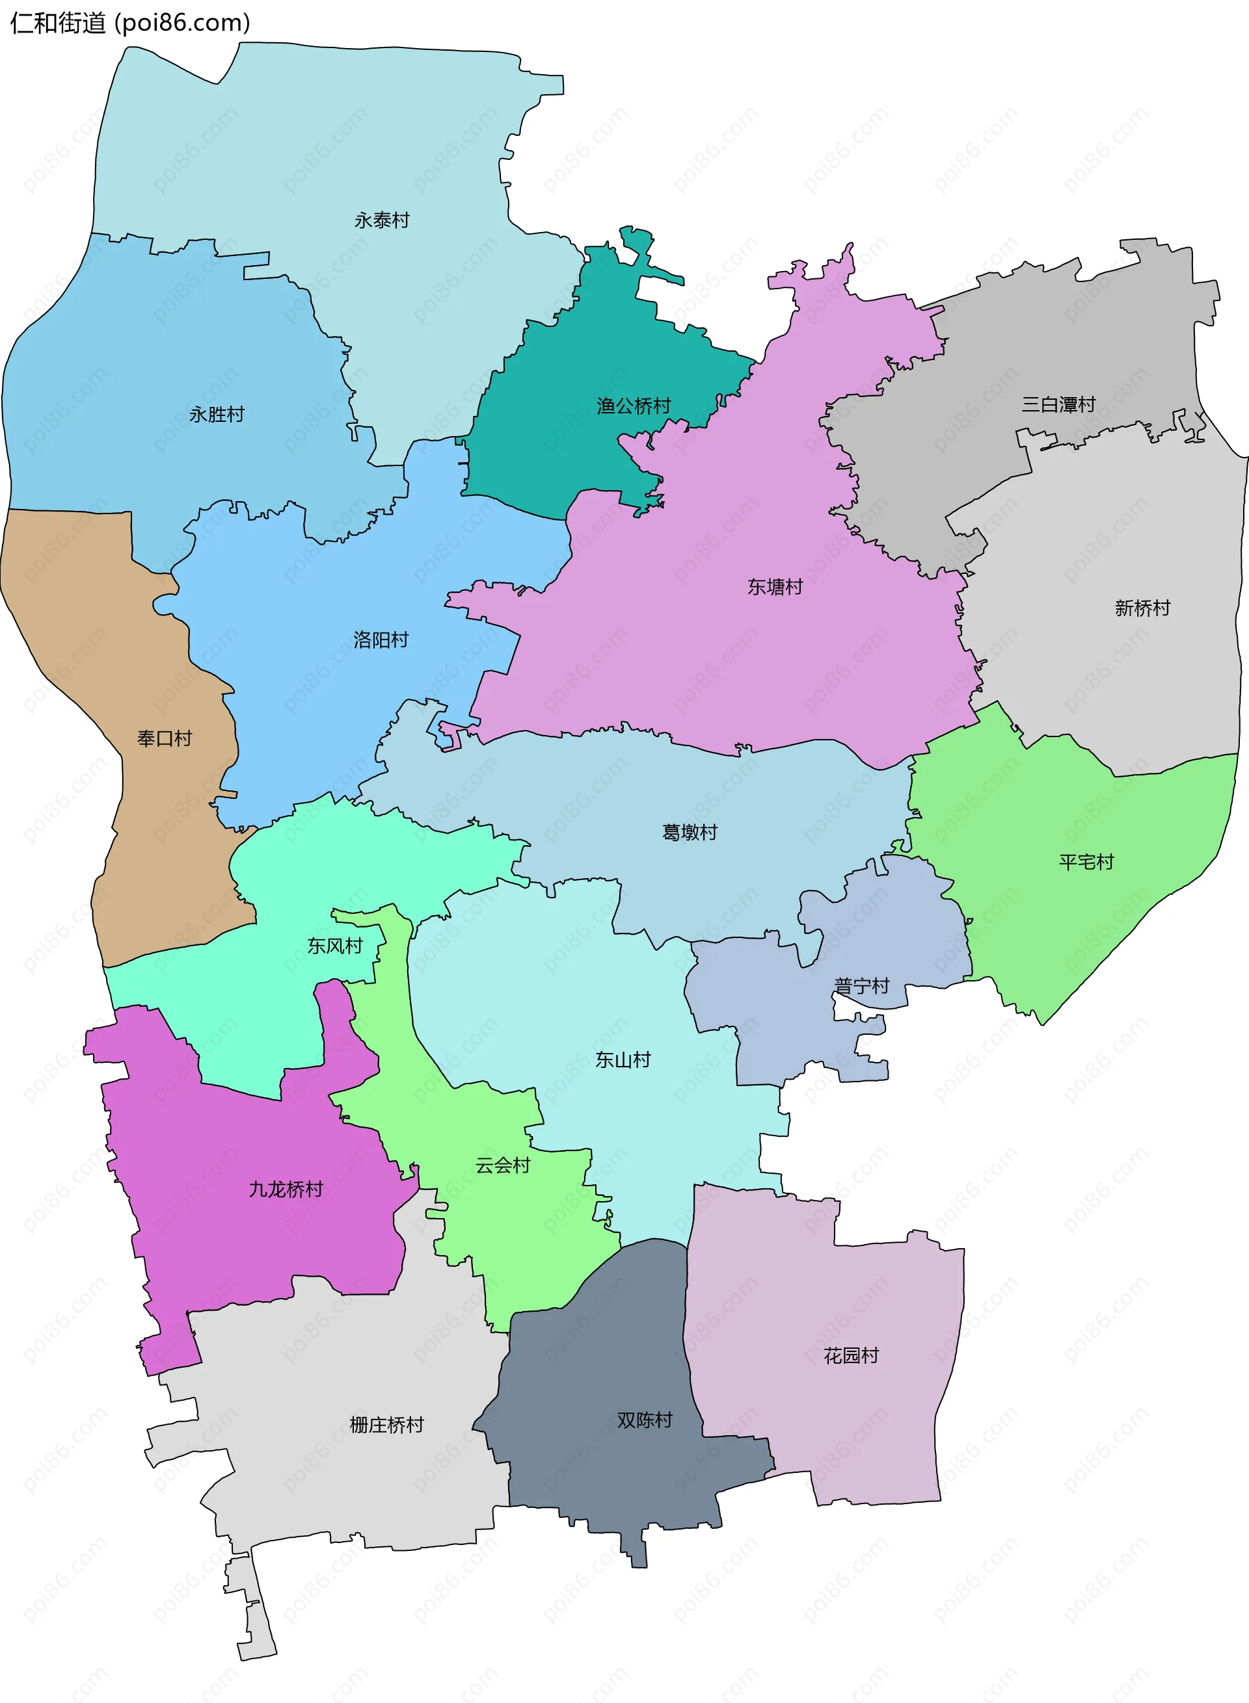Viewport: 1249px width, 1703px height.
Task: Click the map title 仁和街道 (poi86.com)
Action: point(129,23)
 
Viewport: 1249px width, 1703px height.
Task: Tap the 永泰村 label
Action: point(382,220)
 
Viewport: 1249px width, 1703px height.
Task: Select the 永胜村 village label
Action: point(217,414)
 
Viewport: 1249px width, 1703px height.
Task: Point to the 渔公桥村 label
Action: point(634,406)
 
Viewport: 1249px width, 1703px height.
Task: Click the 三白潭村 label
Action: point(1058,404)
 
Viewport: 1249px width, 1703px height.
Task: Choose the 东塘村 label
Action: point(775,586)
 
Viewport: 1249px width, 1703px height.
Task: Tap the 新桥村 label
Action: point(1142,608)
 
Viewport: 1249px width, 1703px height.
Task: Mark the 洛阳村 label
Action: point(381,640)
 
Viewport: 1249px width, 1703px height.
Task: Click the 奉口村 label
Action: point(165,738)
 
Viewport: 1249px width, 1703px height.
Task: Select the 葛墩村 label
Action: point(690,832)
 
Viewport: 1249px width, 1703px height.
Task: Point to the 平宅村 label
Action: point(1086,861)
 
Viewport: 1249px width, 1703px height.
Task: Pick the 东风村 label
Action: point(335,945)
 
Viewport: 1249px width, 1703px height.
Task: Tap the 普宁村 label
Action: point(862,985)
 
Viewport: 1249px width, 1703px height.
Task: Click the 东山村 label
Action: point(623,1059)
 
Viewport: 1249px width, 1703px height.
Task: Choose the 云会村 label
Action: point(503,1164)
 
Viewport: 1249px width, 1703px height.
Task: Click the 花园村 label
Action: point(852,1355)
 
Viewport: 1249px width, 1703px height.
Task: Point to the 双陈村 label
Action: point(645,1420)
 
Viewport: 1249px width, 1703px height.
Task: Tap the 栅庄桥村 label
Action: point(386,1424)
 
